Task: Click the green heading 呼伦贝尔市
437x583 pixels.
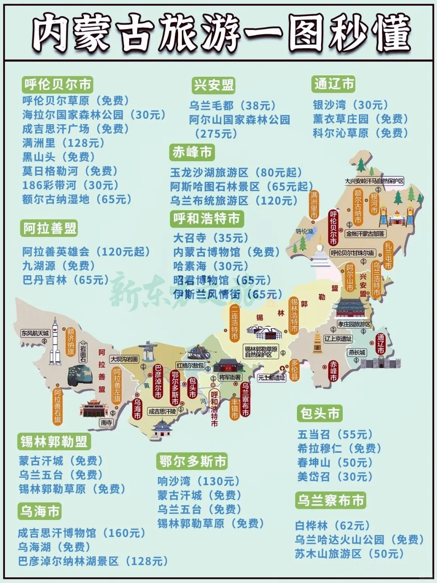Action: [57, 85]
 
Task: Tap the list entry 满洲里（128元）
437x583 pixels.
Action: [64, 143]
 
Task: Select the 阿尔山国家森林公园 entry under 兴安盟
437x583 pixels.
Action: [240, 120]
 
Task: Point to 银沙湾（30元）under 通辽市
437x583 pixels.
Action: [350, 105]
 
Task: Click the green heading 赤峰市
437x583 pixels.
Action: [192, 152]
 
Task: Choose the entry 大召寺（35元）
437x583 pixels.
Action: [211, 238]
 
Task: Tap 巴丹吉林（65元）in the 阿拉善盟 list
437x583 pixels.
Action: [66, 280]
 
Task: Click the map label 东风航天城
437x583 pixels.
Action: [35, 333]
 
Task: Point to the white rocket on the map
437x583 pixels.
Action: [55, 342]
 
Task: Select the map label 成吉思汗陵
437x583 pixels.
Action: [162, 411]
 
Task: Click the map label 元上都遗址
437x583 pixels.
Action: [272, 378]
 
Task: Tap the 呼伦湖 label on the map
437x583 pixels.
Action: [305, 231]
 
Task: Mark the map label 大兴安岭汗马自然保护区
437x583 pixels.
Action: [374, 181]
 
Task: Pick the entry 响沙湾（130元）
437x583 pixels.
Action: [198, 481]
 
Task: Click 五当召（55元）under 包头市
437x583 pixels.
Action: [335, 434]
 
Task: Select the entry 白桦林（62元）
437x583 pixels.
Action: [332, 526]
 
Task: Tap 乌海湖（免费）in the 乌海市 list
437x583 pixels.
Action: [54, 547]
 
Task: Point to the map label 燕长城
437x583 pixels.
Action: [357, 352]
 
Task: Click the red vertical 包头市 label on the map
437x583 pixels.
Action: [192, 387]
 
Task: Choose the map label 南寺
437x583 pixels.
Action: [106, 422]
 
